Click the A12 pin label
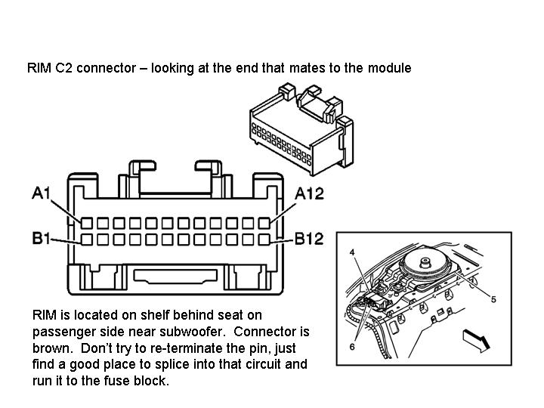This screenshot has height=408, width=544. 309,193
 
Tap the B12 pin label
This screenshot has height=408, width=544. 309,239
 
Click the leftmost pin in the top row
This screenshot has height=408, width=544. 87,224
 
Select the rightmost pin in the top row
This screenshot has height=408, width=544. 264,224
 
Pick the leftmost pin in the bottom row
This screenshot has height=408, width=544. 87,240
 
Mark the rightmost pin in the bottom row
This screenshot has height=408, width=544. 264,240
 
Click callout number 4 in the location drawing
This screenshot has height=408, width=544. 351,252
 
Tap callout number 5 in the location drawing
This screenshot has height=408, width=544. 493,299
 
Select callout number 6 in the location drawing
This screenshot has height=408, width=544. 351,345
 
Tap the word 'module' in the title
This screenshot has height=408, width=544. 390,68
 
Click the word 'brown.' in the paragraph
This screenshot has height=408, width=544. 52,348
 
